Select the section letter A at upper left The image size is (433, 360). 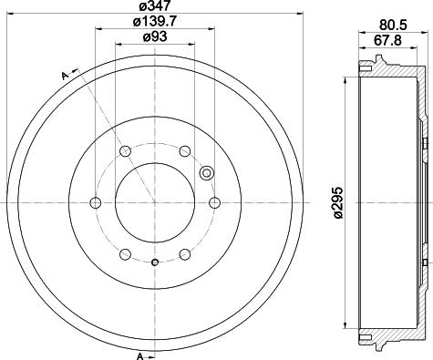65,75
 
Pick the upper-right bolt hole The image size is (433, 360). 184,150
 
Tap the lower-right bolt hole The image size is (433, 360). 184,254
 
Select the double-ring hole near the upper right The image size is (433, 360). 205,172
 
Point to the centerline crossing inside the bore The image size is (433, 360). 154,202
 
